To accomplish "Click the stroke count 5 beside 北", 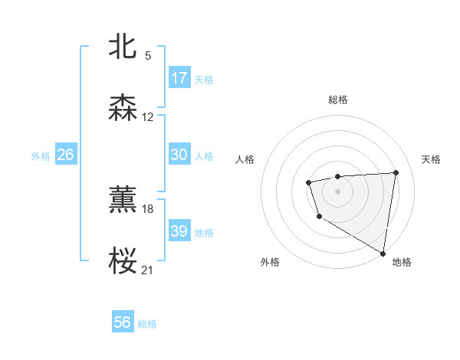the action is click(x=148, y=55).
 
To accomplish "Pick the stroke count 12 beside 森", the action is click(x=148, y=117).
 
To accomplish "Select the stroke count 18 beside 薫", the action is click(x=148, y=208).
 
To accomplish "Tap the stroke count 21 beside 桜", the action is click(x=148, y=270).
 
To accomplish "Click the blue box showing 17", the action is click(x=179, y=78).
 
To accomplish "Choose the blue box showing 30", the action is click(x=179, y=155).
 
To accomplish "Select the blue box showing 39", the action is click(x=179, y=231).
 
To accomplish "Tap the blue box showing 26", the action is click(x=65, y=155).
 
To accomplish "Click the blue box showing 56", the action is click(x=123, y=323).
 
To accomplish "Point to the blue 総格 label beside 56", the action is click(x=147, y=324).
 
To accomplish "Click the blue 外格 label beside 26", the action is click(x=41, y=155).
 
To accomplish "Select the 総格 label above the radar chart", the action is click(x=337, y=100).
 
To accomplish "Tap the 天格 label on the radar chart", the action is click(x=431, y=159).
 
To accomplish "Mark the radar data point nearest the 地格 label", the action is click(x=383, y=253).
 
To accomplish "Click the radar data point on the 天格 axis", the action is click(x=396, y=172).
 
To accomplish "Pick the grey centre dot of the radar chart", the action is click(x=337, y=191).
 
